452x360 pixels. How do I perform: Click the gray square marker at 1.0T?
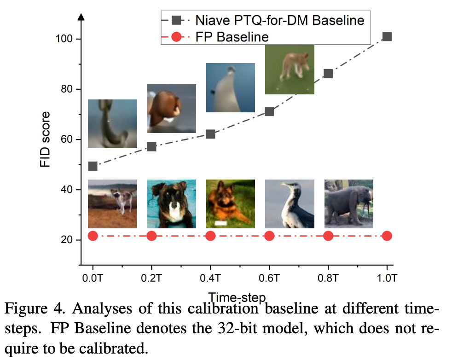pyautogui.click(x=387, y=36)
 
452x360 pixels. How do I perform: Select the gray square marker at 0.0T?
pyautogui.click(x=93, y=166)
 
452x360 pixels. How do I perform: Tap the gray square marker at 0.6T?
pyautogui.click(x=269, y=111)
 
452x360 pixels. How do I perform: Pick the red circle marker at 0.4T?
pyautogui.click(x=210, y=236)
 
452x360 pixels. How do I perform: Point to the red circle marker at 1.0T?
pyautogui.click(x=387, y=236)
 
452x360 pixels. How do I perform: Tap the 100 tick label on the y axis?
pyautogui.click(x=64, y=39)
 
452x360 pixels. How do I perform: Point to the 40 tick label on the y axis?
pyautogui.click(x=67, y=190)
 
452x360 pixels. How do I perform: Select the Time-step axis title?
pyautogui.click(x=237, y=297)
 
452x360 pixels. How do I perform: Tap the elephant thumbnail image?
pyautogui.click(x=348, y=203)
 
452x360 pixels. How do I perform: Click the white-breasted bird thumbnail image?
pyautogui.click(x=290, y=203)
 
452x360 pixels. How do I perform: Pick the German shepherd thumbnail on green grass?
pyautogui.click(x=230, y=203)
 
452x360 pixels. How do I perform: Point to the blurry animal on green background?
pyautogui.click(x=290, y=70)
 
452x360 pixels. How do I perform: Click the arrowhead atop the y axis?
pyautogui.click(x=81, y=17)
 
